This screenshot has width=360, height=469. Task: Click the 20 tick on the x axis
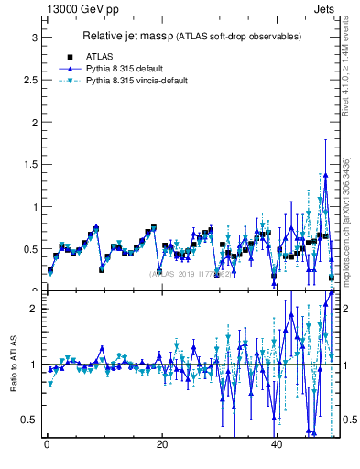click(161, 445)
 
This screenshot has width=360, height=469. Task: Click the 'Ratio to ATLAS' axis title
click(13, 365)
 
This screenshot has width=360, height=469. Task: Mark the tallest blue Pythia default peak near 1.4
click(325, 174)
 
